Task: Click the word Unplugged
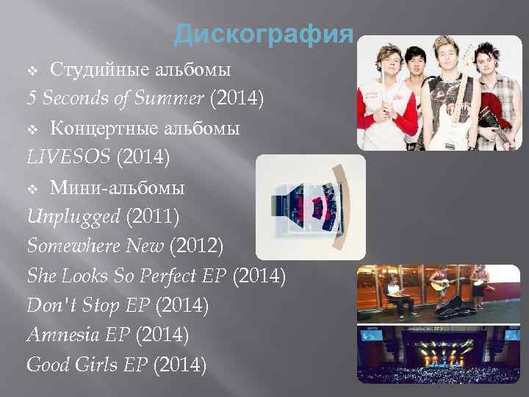pos(73,216)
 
